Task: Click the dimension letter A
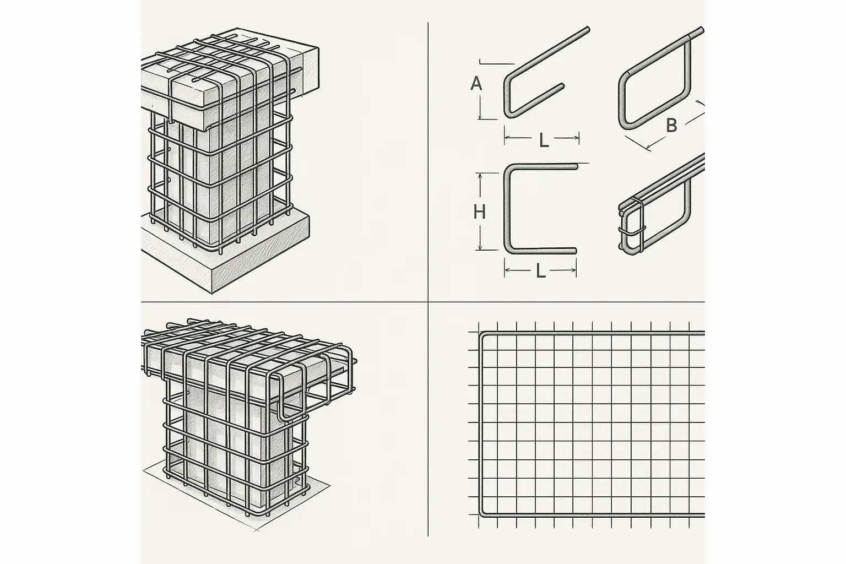pyautogui.click(x=476, y=84)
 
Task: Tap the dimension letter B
pyautogui.click(x=671, y=126)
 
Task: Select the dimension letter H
pyautogui.click(x=479, y=212)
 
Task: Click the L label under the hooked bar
pyautogui.click(x=544, y=140)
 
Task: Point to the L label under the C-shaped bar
pyautogui.click(x=541, y=271)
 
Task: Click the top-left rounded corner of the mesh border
pyautogui.click(x=482, y=335)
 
